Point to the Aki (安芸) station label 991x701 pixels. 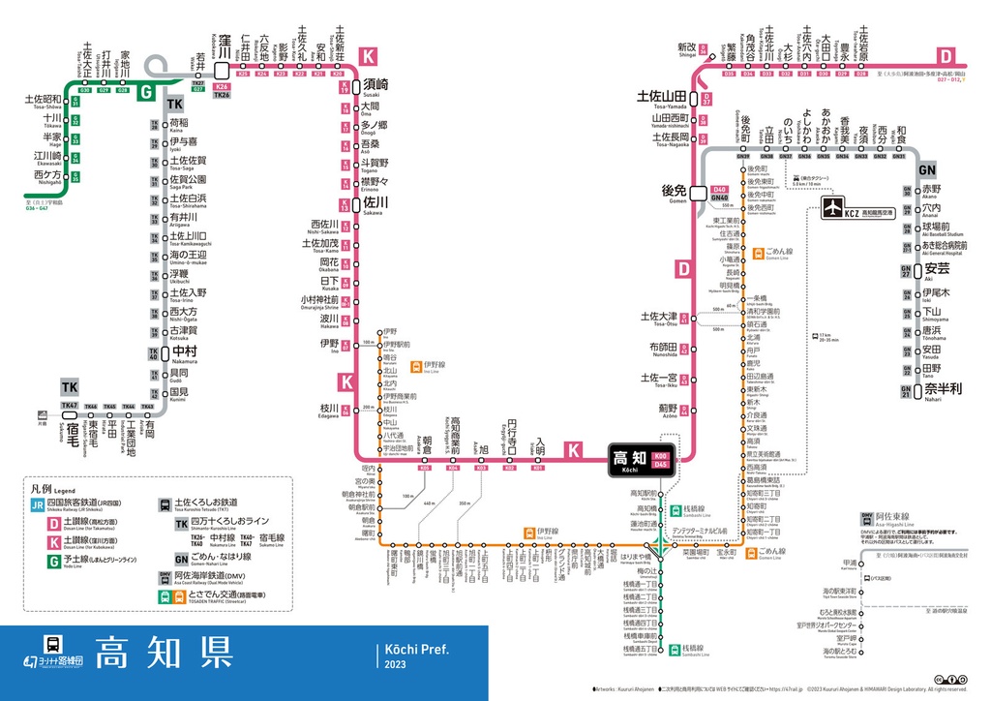(936, 268)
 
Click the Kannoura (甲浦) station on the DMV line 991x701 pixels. (850, 564)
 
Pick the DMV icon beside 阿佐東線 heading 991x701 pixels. (867, 518)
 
